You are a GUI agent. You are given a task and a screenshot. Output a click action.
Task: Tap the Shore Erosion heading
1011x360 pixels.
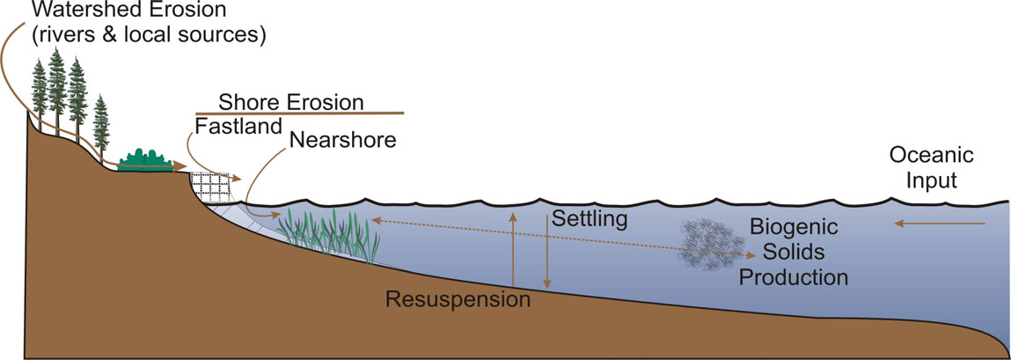coord(291,101)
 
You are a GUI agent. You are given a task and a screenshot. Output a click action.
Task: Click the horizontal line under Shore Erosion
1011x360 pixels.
coord(299,113)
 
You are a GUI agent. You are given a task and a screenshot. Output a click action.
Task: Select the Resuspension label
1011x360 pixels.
coord(458,299)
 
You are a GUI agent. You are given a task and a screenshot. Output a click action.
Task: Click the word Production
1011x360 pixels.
coord(794,277)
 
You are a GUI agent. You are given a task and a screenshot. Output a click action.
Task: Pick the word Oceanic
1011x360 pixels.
coord(932,156)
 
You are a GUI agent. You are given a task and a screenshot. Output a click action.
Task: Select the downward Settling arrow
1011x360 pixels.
coord(546,255)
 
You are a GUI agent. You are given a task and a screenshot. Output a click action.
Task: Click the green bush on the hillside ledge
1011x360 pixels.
coord(143,159)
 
